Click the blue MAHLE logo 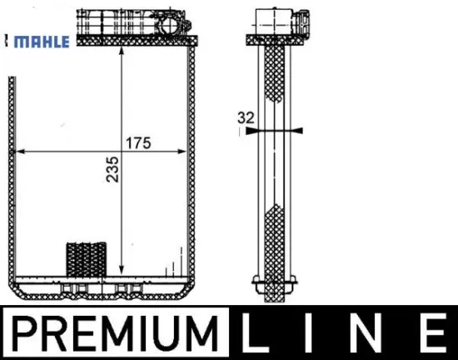42,42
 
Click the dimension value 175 138,143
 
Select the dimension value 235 112,170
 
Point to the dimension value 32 246,117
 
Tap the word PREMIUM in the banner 115,333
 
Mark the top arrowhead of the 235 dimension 122,52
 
